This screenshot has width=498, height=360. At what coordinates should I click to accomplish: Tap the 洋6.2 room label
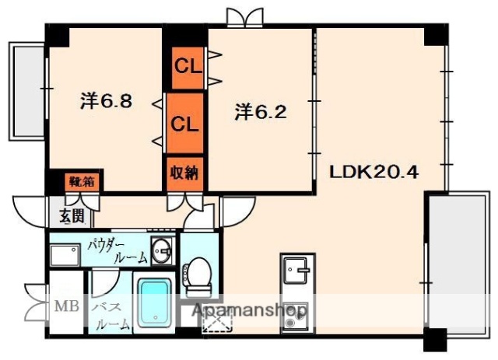(261, 112)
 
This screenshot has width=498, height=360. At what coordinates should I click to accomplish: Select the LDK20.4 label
(374, 171)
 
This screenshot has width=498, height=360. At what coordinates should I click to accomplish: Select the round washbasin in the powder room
(162, 253)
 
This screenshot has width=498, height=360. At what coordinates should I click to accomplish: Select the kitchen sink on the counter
(296, 273)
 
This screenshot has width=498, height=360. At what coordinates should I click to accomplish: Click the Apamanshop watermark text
(249, 312)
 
